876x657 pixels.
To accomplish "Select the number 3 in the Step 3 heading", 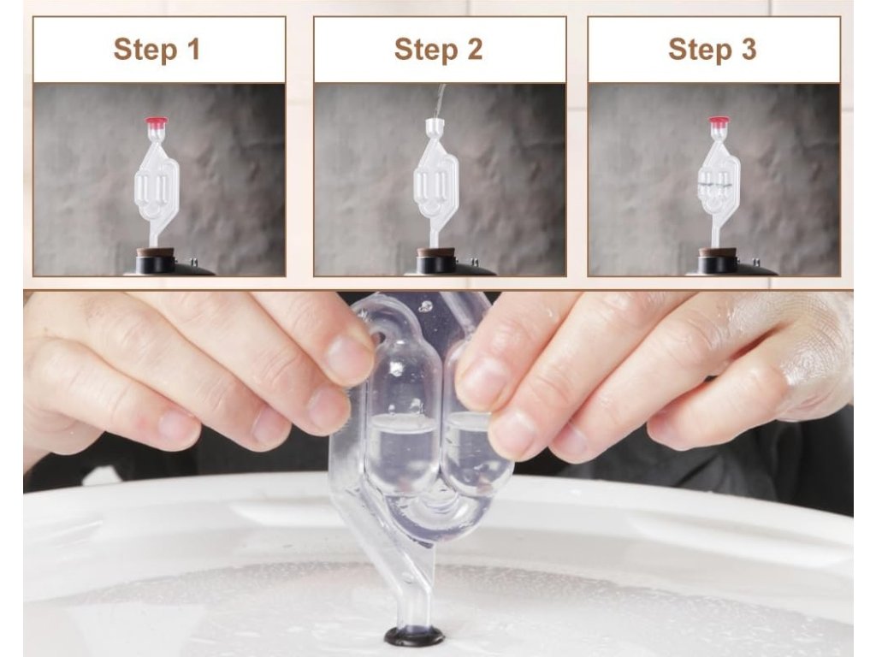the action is (748, 49).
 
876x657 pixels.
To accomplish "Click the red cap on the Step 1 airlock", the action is (157, 121).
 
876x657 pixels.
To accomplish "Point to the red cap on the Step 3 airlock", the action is (719, 121).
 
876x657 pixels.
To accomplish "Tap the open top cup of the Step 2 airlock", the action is (435, 127).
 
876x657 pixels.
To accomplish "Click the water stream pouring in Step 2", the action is (441, 101).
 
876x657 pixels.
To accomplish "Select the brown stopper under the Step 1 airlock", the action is (149, 252).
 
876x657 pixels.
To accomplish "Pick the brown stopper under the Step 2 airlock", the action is (430, 252).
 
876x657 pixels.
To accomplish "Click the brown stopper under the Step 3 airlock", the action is (712, 252).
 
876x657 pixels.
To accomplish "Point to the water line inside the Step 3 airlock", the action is (718, 185).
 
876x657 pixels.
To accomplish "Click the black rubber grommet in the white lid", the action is (415, 636).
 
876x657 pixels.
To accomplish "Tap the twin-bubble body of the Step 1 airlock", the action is (157, 185).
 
